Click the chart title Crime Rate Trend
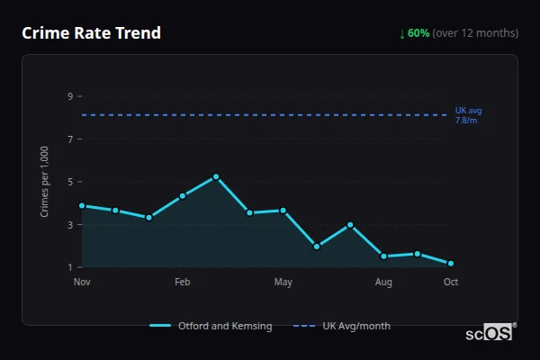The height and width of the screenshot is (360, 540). point(91,33)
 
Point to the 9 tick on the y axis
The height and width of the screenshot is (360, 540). point(69,96)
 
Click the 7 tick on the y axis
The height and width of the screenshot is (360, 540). point(69,139)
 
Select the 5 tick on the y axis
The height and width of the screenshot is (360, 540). point(69,182)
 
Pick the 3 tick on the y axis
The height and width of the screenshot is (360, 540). point(69,225)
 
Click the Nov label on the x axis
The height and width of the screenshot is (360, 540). point(82,283)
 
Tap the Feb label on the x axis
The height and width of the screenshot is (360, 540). point(183,283)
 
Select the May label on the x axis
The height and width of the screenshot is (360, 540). point(283,283)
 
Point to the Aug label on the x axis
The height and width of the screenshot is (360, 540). point(383,283)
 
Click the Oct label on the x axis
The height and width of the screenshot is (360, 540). point(451,283)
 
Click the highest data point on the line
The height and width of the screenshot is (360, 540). point(216,176)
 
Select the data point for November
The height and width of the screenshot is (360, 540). point(82,205)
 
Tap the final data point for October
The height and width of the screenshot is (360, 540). point(451,264)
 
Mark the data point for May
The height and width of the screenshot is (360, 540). point(283,211)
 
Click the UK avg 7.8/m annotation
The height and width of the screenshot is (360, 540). point(468,115)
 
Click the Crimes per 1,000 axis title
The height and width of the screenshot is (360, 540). point(44,182)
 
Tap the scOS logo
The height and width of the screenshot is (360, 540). point(490,333)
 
